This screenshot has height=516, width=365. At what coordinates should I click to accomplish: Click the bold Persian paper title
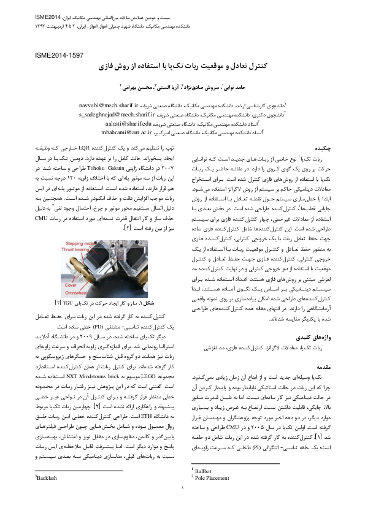[x=182, y=66]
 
